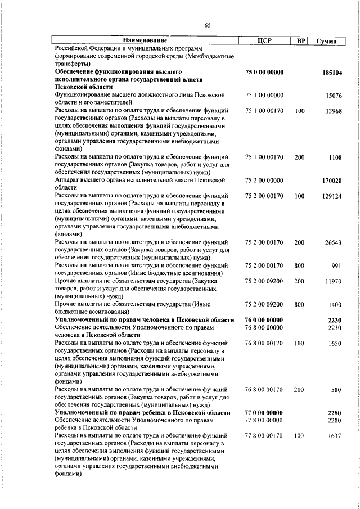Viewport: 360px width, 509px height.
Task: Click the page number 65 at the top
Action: [208, 25]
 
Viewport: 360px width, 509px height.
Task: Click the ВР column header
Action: [301, 41]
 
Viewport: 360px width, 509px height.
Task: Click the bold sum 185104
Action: [332, 73]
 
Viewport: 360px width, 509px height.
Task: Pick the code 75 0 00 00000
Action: [264, 73]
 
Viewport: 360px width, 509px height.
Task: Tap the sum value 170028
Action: [332, 181]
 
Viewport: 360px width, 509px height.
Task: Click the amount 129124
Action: [332, 196]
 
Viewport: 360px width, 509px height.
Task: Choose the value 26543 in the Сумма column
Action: [333, 242]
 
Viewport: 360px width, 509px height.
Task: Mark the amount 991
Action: [336, 265]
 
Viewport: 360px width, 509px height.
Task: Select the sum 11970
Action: [333, 281]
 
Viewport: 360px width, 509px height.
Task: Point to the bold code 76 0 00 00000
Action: [264, 319]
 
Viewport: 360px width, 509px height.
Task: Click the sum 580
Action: [336, 389]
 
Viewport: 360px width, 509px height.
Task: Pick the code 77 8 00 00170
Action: [264, 435]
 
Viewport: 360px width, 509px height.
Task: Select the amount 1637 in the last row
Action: [335, 435]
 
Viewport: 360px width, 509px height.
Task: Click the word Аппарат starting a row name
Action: [67, 181]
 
